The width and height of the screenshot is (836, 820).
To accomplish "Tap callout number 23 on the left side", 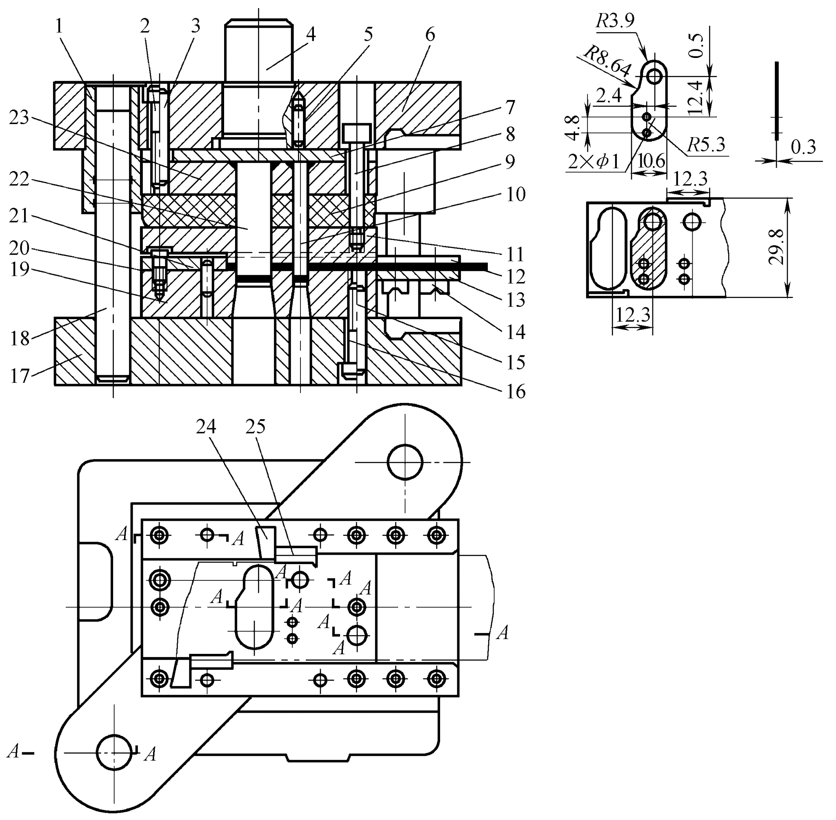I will coord(19,118).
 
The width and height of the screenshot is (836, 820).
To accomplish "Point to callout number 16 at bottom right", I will coord(516,391).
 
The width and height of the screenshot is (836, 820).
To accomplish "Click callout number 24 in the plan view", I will coord(205,427).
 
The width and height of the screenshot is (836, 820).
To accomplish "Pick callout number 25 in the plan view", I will coord(255,427).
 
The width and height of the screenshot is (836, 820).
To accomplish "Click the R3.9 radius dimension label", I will coord(615,20).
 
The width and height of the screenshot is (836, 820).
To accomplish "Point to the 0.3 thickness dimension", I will coord(803,147).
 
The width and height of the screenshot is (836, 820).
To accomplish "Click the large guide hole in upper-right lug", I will coord(405,462).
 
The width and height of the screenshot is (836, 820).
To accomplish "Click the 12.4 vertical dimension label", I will coord(694,97).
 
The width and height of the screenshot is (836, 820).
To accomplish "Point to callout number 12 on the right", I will coord(516,277).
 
